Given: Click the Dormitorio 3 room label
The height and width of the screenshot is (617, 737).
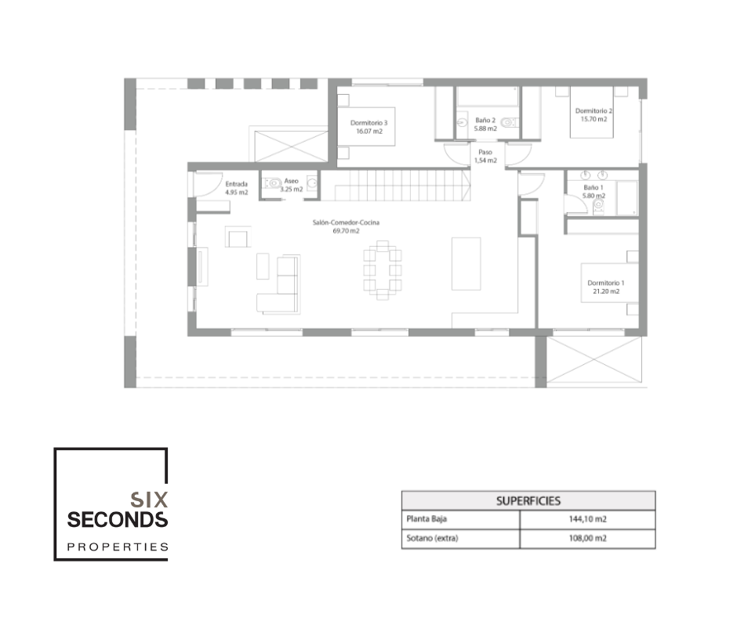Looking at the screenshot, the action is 369,127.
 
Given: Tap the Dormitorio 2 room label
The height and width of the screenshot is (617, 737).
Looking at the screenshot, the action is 594,115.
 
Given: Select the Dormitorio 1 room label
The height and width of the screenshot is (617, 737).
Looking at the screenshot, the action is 606,287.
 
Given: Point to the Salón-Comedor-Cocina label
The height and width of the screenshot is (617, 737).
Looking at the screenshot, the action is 346,226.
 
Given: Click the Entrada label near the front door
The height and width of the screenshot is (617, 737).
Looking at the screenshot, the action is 237,188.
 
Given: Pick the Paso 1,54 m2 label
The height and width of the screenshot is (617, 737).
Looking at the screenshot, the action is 485,157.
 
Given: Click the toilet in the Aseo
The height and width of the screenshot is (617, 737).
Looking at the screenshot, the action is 272,182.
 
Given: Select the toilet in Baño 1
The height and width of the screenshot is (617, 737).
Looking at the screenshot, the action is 598,205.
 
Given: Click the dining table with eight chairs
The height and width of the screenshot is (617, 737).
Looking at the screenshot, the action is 382,270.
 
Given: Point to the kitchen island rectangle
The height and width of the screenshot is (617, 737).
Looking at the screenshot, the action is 466,263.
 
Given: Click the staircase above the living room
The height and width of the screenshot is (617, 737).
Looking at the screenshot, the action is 402,185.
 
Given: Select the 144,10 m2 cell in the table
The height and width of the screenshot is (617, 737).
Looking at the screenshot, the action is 587,519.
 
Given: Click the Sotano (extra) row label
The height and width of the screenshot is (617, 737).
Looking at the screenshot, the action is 432,538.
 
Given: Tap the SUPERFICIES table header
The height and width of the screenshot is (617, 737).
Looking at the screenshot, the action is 528,501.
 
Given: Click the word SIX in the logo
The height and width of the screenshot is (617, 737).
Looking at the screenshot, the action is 149,499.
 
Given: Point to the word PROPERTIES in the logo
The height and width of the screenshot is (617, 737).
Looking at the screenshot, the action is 118,547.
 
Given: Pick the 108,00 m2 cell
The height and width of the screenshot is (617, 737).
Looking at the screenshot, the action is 587,539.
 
